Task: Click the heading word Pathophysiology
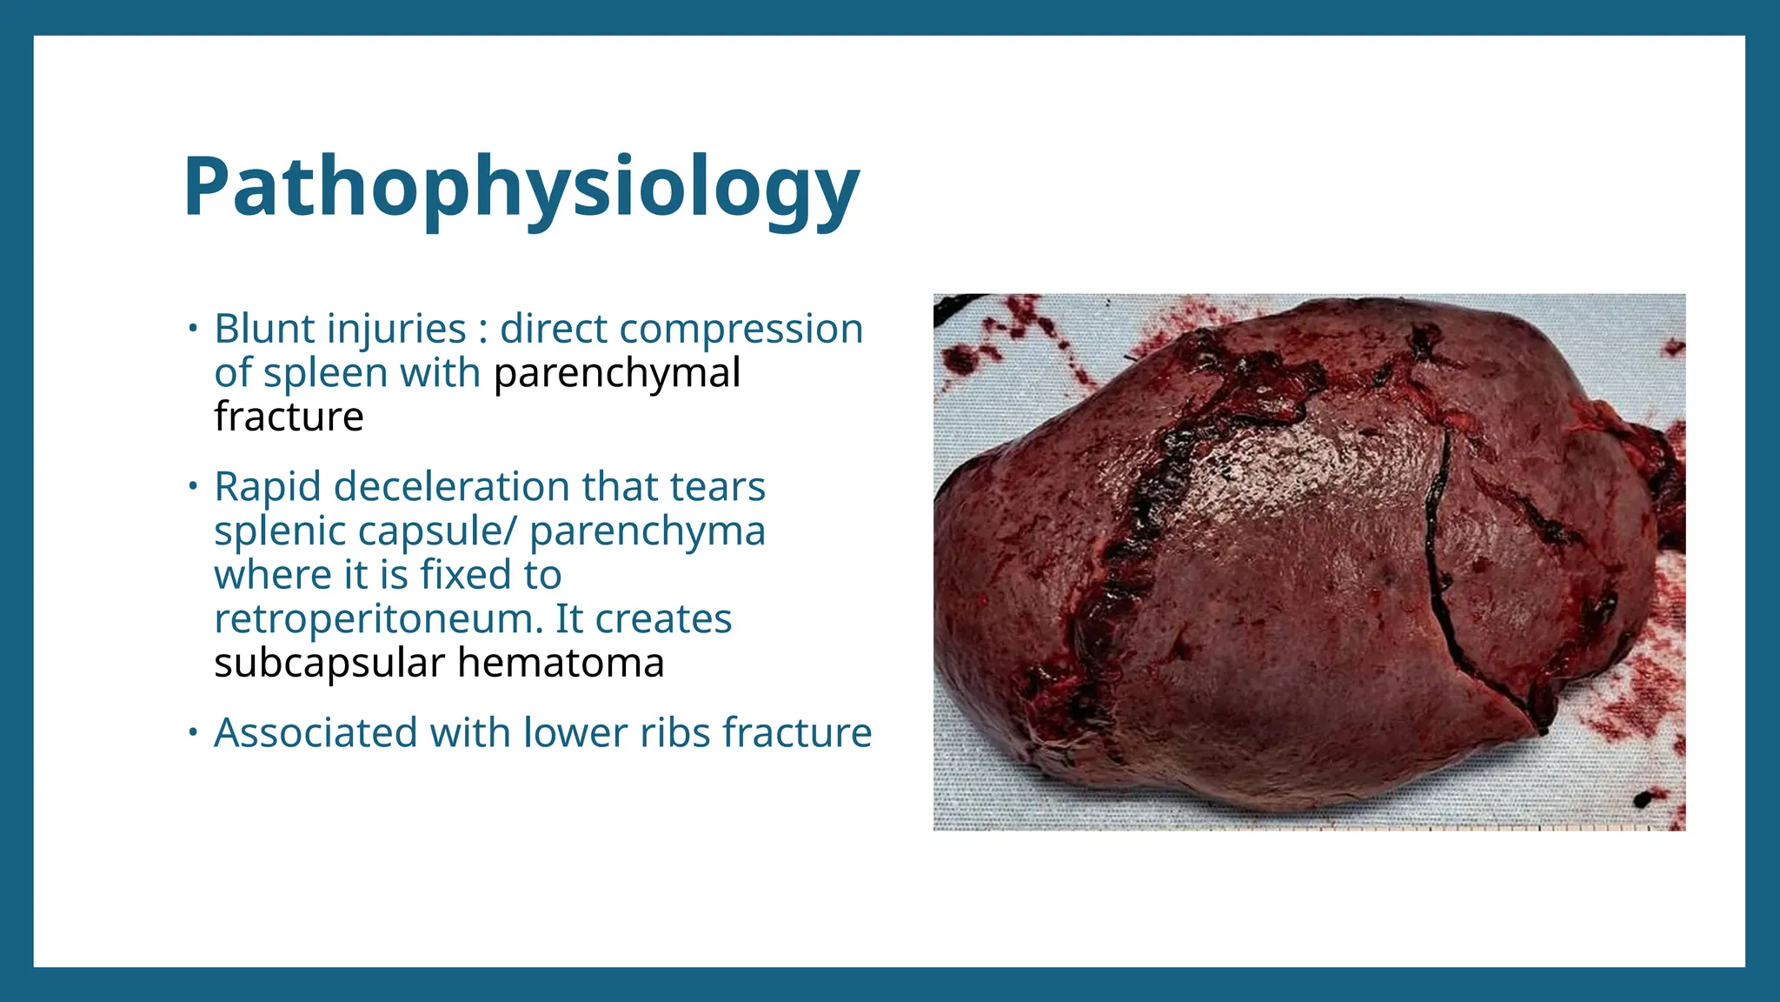[521, 188]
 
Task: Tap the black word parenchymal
[617, 373]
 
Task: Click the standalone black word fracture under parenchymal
[289, 417]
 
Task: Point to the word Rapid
[268, 487]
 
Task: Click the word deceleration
[452, 487]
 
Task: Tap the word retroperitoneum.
[378, 619]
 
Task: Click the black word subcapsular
[329, 664]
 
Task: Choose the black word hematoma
[561, 664]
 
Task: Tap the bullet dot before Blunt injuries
[193, 330]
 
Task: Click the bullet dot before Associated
[193, 733]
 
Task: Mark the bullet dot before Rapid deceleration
[193, 487]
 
